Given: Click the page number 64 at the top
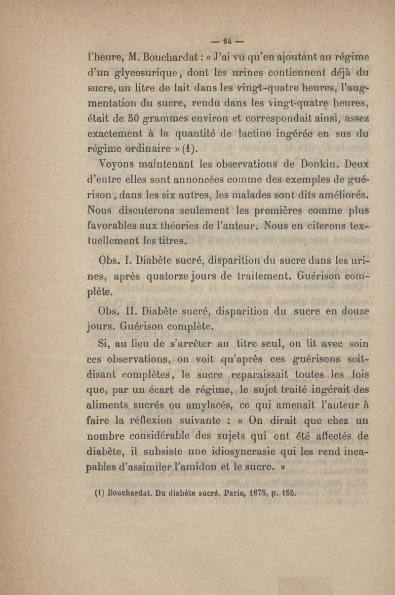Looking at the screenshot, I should coord(228,41).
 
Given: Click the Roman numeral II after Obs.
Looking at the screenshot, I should coord(130,312).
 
